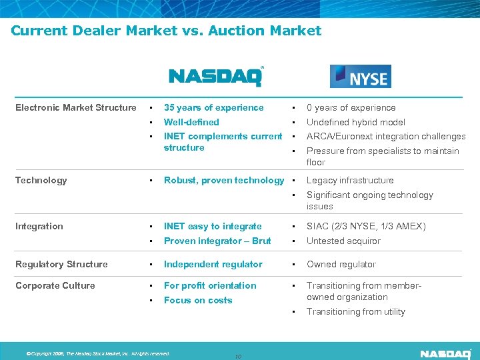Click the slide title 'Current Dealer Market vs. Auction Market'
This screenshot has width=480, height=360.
point(166,31)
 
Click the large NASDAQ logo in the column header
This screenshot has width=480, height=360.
point(216,76)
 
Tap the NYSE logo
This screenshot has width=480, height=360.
point(360,77)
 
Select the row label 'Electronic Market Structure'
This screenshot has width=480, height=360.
point(75,107)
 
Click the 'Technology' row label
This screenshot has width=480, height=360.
point(41,180)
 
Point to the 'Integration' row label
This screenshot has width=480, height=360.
point(39,226)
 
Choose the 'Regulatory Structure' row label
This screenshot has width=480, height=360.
point(61,264)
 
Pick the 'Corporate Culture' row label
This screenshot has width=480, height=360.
point(55,285)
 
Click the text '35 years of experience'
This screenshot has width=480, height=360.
point(213,107)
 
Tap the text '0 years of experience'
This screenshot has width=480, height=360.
point(351,107)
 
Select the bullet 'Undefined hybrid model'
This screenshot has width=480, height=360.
point(355,122)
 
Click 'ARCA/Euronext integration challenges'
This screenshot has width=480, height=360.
point(385,137)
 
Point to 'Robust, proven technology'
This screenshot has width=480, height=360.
point(223,180)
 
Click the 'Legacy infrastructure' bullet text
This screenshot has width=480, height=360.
point(350,180)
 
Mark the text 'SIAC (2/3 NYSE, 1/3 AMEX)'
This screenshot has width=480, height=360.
point(366,226)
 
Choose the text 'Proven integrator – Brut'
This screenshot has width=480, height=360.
point(217,241)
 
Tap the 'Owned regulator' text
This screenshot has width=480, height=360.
point(341,264)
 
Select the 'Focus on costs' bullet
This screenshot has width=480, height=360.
point(198,300)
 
